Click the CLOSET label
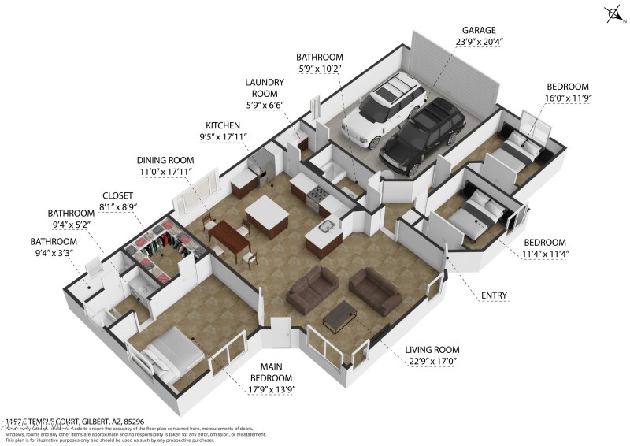click(119, 195)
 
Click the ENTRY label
click(495, 296)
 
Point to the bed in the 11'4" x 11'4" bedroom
click(479, 213)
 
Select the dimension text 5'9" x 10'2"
click(320, 69)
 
